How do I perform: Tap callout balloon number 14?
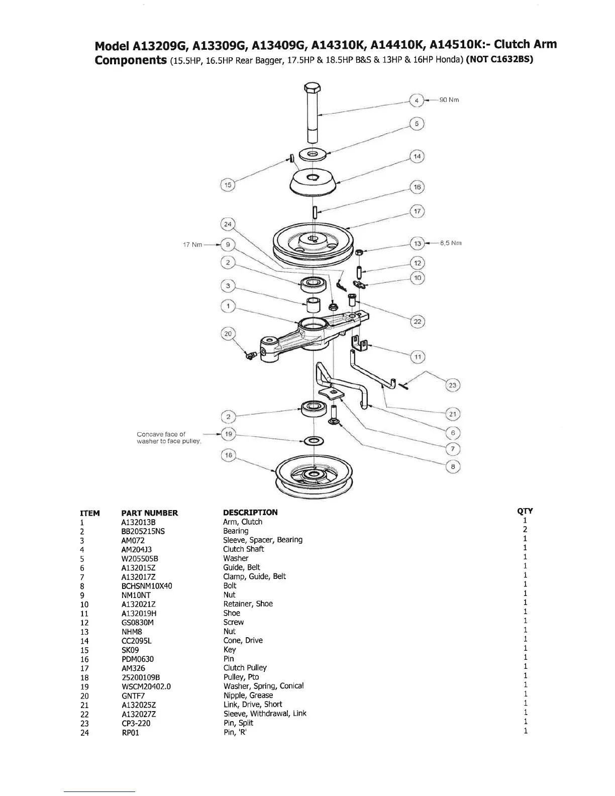tap(417, 156)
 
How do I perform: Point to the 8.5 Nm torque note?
tap(451, 243)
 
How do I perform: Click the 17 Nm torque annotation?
tap(193, 245)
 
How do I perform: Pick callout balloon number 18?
tap(229, 455)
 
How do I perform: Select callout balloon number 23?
tap(453, 385)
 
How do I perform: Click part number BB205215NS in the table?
tap(143, 531)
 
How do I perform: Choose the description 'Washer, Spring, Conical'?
tap(263, 686)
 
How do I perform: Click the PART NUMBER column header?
tap(150, 513)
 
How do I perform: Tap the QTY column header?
tap(525, 511)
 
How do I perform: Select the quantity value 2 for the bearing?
tap(525, 530)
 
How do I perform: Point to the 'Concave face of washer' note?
tap(168, 437)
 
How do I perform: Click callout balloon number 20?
tap(228, 334)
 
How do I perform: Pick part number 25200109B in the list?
tap(141, 677)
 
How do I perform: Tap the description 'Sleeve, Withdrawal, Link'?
tap(265, 714)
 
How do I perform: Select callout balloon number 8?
tap(453, 466)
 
